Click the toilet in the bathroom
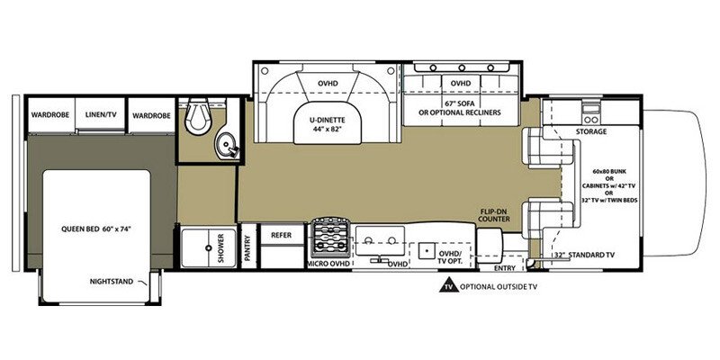197,115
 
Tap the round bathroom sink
226,145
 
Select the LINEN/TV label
101,114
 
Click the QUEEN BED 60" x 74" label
96,229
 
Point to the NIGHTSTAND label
112,282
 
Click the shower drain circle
209,248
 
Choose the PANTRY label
248,248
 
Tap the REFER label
282,235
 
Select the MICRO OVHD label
328,263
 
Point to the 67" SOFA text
459,103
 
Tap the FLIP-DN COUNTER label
494,216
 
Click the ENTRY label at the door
504,267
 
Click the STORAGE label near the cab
591,131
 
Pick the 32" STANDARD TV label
584,255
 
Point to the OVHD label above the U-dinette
328,84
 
